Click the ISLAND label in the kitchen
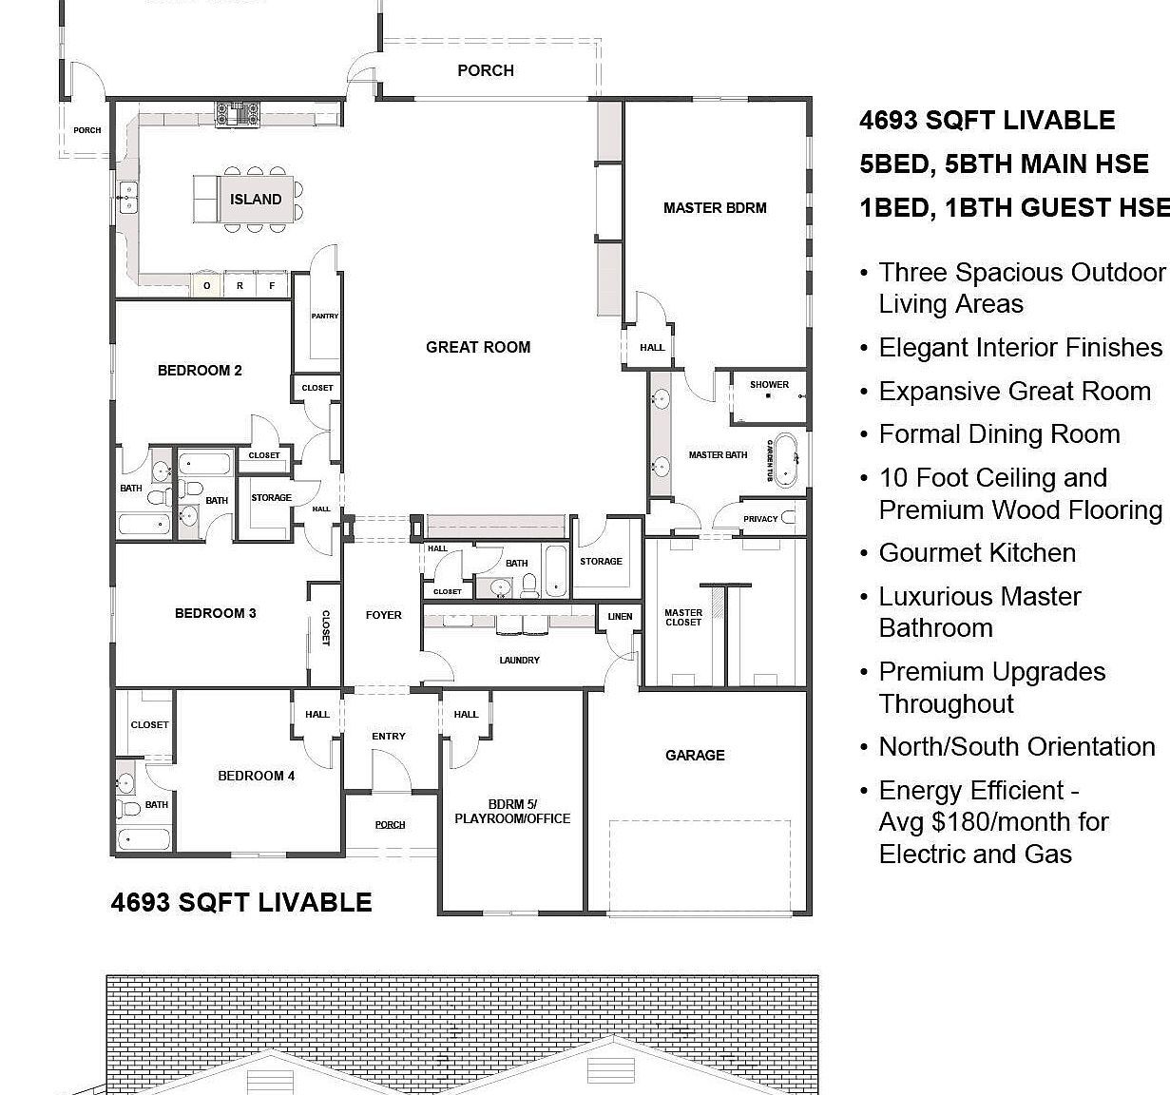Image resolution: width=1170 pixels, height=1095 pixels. click(256, 200)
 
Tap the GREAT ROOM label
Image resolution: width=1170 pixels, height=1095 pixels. click(478, 348)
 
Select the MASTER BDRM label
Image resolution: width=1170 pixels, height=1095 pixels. click(715, 208)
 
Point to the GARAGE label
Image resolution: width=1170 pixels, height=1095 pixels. click(695, 756)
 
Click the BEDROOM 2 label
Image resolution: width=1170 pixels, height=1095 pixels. click(200, 371)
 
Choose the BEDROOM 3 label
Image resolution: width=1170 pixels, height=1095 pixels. click(215, 614)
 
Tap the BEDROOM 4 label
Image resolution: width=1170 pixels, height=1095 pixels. click(256, 777)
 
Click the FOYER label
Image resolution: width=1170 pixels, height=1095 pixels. click(384, 616)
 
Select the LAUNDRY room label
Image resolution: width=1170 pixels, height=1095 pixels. click(519, 660)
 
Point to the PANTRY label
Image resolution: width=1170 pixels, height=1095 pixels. click(324, 317)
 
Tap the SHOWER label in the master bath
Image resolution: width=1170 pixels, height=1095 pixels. click(769, 385)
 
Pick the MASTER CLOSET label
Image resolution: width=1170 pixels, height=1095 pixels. click(683, 618)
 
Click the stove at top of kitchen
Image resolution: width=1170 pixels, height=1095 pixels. click(238, 115)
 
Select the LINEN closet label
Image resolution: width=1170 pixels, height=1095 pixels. click(620, 617)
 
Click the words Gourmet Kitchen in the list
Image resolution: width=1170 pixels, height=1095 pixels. click(977, 553)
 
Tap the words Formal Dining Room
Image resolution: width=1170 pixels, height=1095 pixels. click(999, 434)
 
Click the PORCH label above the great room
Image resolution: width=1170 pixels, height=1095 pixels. click(485, 71)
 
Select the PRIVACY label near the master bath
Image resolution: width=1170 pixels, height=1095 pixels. click(760, 519)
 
